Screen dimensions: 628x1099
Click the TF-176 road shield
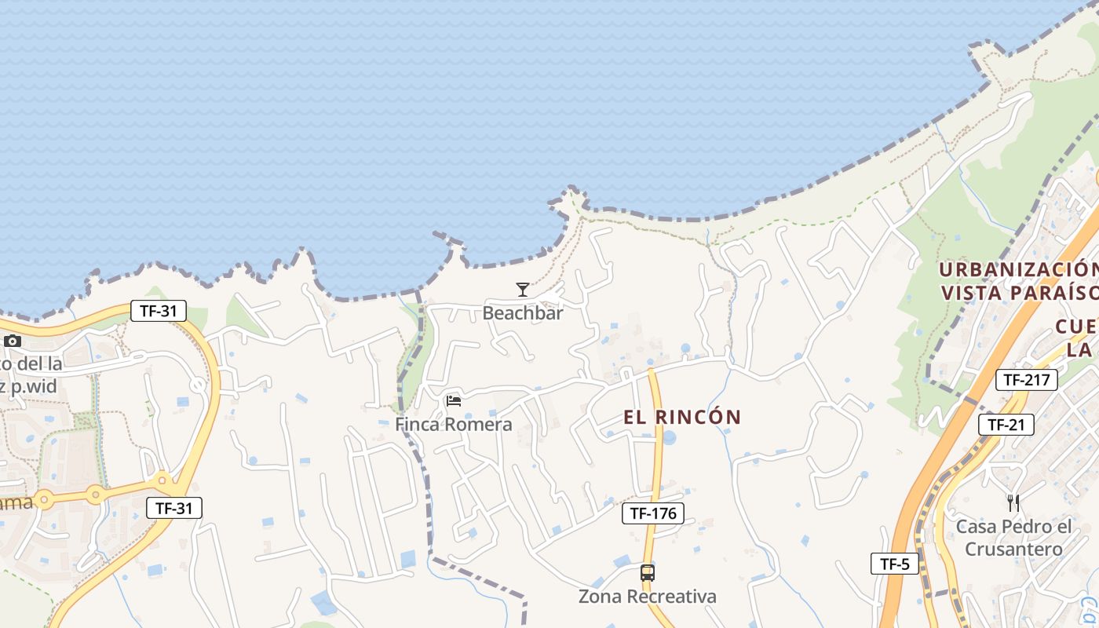coord(652,513)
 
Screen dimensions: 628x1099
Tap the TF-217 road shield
coord(1026,380)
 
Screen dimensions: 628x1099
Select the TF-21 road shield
coord(1006,425)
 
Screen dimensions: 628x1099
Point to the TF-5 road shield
coord(894,563)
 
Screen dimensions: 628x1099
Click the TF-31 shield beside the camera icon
coord(158,311)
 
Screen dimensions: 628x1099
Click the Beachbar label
coord(523,312)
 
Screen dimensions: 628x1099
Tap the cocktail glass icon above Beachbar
coord(523,290)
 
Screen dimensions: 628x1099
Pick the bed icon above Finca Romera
coord(453,401)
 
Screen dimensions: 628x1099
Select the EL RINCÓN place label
coord(682,417)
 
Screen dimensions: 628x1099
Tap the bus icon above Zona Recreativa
coord(647,573)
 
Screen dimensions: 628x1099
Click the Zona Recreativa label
coord(647,597)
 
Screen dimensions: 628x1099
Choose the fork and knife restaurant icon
coord(1013,502)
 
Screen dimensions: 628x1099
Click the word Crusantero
coord(1013,549)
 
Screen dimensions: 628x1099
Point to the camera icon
coord(12,341)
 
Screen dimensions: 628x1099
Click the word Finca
coord(416,425)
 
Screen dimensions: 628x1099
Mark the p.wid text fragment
coord(39,385)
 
